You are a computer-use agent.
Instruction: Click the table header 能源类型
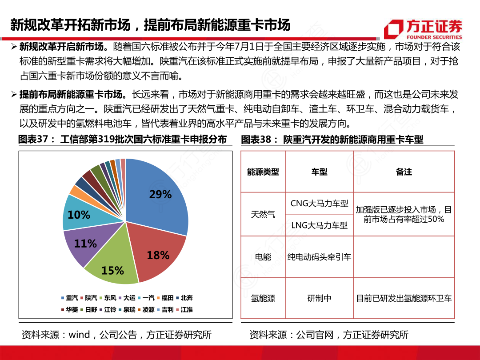[x=263, y=172]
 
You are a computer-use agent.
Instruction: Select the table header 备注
[x=404, y=172]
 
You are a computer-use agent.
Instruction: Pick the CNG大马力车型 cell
[x=319, y=204]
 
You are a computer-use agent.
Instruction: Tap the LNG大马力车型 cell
[x=319, y=225]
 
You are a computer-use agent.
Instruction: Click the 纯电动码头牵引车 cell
[x=319, y=257]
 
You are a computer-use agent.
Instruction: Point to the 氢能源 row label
[x=263, y=298]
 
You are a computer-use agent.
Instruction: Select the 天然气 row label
[x=263, y=214]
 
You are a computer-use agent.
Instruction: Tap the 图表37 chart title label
[x=122, y=140]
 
